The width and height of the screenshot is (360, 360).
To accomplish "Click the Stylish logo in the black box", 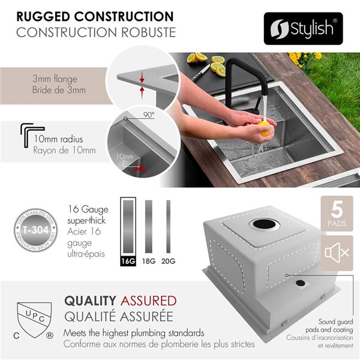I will [x=303, y=28].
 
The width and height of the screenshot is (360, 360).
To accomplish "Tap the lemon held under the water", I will [x=263, y=126].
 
